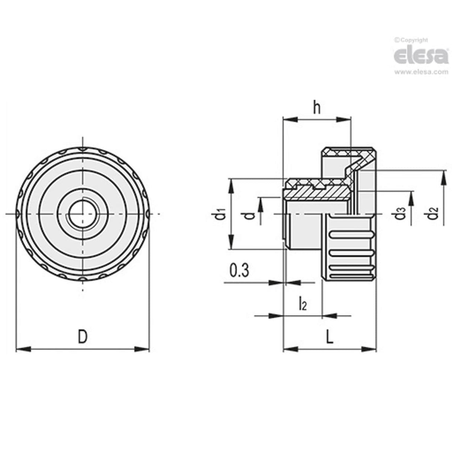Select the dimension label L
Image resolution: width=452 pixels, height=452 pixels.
[x=330, y=337]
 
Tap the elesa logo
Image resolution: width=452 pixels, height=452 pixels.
[x=421, y=56]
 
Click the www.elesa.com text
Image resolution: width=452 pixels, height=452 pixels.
[x=421, y=72]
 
